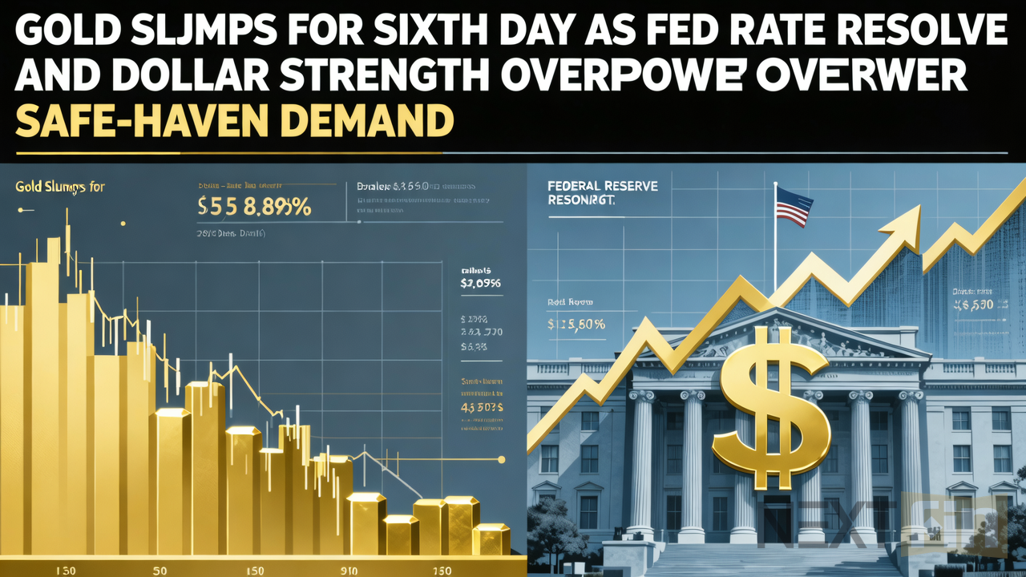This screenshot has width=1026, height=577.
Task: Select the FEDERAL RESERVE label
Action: point(602,192)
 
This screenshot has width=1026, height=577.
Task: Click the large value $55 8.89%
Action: point(254,207)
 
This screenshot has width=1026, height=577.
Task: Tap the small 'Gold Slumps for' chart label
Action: point(60,187)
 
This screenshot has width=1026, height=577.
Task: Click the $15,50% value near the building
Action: point(576,325)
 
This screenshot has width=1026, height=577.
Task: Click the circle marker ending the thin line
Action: point(502,459)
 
